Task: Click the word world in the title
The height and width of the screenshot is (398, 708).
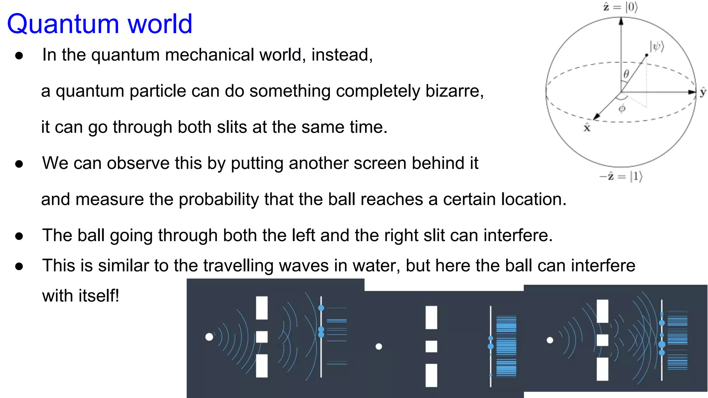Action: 160,24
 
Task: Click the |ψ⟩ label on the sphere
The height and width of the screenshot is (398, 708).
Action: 656,46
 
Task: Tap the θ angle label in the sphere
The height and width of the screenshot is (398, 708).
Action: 626,74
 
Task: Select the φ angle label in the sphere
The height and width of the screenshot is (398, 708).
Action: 622,108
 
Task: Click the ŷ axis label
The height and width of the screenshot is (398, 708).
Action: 703,92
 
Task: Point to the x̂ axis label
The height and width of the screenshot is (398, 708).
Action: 587,128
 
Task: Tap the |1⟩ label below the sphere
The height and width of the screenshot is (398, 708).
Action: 636,177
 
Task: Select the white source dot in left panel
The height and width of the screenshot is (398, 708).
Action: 209,337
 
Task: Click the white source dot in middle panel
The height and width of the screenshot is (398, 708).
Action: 379,346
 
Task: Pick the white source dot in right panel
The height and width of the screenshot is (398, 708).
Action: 550,340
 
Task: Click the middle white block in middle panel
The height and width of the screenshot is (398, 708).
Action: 431,346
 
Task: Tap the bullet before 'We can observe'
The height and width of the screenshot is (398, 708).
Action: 19,164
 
